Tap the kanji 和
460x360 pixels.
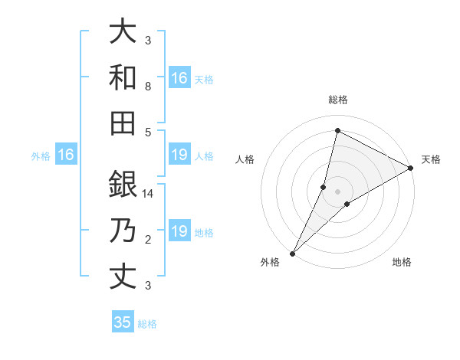(123, 77)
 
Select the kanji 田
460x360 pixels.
(123, 123)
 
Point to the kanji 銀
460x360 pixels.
(123, 184)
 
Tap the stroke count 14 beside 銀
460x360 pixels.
(148, 194)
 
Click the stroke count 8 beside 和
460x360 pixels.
(148, 87)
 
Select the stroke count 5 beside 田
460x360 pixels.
(148, 132)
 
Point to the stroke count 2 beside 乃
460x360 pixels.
(148, 240)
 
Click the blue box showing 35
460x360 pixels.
(123, 322)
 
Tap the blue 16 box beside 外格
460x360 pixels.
(66, 155)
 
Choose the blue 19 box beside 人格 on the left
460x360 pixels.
(179, 155)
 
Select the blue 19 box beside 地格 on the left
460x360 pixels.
(179, 231)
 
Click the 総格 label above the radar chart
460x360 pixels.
(337, 100)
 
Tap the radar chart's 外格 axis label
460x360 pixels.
(270, 262)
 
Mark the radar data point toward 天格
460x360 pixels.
(411, 169)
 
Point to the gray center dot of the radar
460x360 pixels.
(337, 191)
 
